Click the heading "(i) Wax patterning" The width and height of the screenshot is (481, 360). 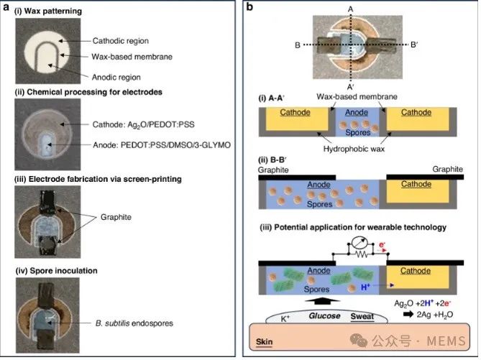[x=48, y=11]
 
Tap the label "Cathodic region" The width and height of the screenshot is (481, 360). [x=121, y=41]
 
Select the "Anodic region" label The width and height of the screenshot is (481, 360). [x=116, y=78]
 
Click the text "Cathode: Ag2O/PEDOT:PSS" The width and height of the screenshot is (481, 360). [x=144, y=124]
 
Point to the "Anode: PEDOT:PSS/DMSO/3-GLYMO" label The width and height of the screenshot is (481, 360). [x=162, y=145]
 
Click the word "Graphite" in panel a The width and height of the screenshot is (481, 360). [x=116, y=217]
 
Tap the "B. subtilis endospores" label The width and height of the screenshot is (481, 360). [x=134, y=323]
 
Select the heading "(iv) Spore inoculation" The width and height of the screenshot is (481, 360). [x=57, y=271]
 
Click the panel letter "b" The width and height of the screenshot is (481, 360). [x=249, y=6]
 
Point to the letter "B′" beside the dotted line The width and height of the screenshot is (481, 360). [x=414, y=45]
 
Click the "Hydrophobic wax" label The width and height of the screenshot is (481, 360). [x=354, y=149]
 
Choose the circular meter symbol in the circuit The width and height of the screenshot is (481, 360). [x=359, y=244]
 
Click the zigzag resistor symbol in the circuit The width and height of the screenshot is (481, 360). [x=362, y=254]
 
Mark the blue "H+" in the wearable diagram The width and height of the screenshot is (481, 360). [x=365, y=287]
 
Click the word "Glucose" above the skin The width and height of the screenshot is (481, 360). [x=324, y=316]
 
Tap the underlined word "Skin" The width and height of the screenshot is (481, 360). [x=264, y=342]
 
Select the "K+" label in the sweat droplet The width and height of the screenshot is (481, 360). [x=285, y=318]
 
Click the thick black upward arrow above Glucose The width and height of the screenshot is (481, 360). [x=323, y=301]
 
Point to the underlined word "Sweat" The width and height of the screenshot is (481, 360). [x=362, y=316]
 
